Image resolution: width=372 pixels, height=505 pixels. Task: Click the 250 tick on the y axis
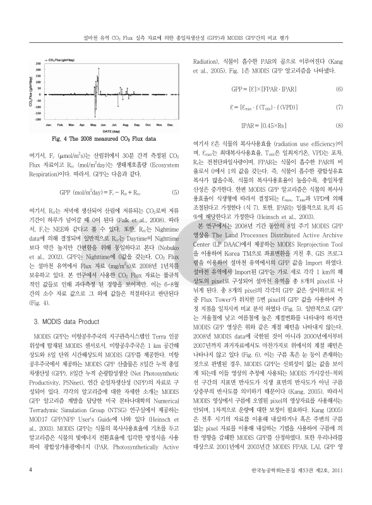pos(39,63)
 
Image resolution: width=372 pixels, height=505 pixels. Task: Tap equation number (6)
pos(339,89)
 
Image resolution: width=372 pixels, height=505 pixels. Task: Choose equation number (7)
pos(339,107)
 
